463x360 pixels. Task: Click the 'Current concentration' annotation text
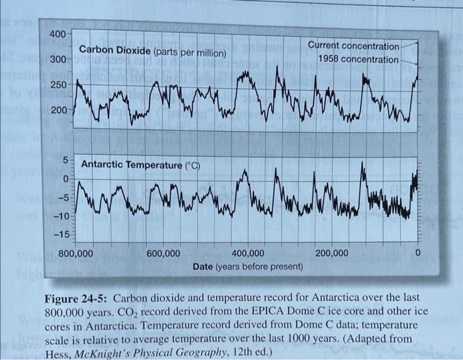point(354,46)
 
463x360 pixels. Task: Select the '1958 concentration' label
point(358,60)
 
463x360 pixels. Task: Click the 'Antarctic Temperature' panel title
point(130,163)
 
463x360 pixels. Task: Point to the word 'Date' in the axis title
point(204,267)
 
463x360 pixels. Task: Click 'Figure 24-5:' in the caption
point(74,298)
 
